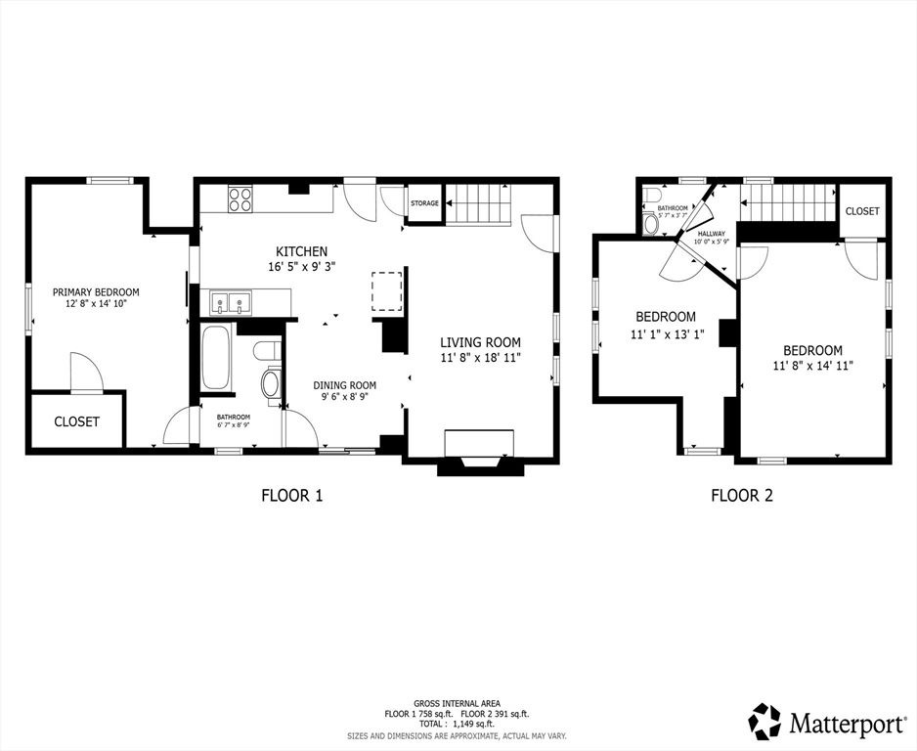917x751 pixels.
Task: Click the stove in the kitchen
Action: [240, 199]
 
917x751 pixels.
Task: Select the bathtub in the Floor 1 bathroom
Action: [215, 357]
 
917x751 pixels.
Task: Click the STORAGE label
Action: [424, 203]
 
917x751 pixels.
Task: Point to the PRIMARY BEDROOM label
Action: [96, 292]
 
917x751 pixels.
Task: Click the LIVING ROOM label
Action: [480, 343]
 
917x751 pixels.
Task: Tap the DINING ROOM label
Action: [344, 385]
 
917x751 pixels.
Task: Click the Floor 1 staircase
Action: [479, 203]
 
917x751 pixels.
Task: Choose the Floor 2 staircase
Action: [788, 203]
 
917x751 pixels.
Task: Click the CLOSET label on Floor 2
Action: [862, 211]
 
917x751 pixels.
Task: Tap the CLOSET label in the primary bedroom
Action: [76, 421]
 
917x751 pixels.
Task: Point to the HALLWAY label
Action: [711, 234]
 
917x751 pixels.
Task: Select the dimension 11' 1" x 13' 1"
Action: [668, 334]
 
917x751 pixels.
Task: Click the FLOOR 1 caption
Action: [292, 496]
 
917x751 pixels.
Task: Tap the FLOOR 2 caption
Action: [742, 496]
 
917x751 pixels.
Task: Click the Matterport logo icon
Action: [765, 721]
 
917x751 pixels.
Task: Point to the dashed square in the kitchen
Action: [386, 290]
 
